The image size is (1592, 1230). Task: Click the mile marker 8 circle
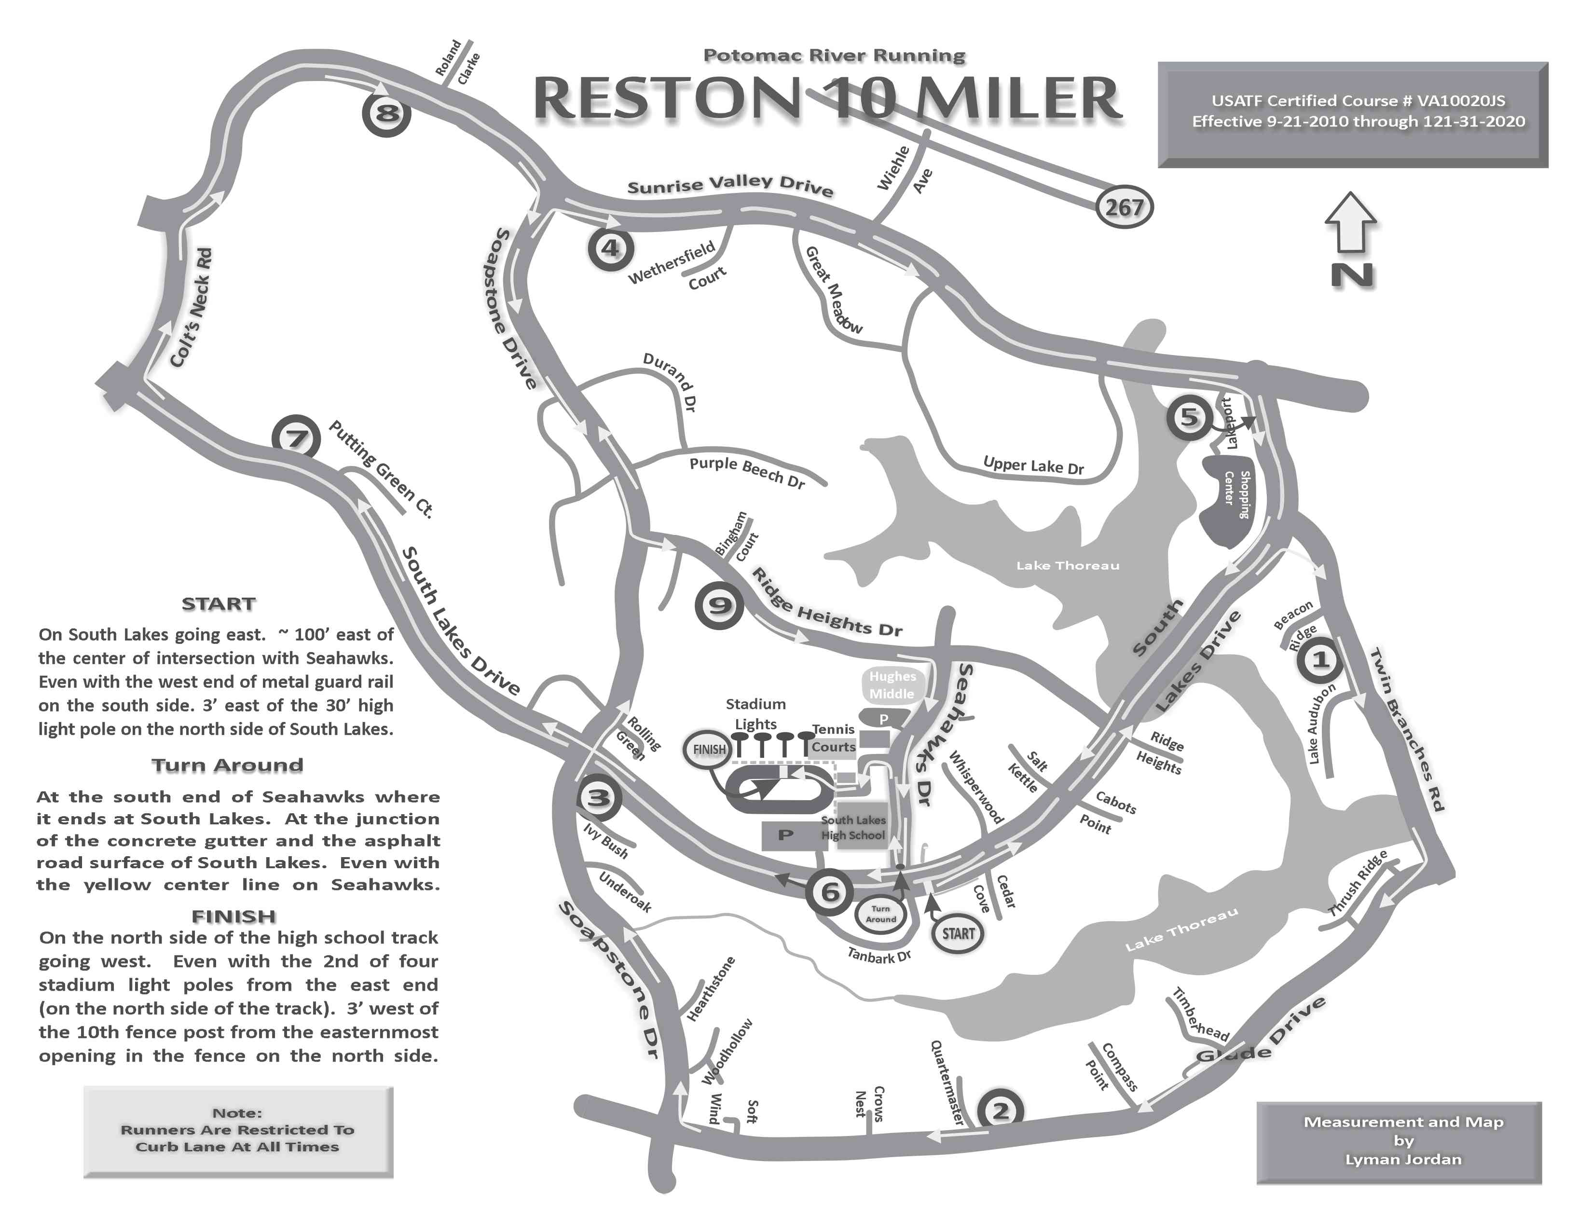pyautogui.click(x=386, y=113)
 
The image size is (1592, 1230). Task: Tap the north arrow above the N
pyautogui.click(x=1351, y=222)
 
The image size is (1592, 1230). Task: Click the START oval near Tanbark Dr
pyautogui.click(x=958, y=933)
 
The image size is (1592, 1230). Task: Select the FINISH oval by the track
pyautogui.click(x=709, y=749)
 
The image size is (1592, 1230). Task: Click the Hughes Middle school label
pyautogui.click(x=892, y=685)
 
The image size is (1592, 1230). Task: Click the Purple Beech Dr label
pyautogui.click(x=747, y=472)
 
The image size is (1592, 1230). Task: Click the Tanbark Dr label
pyautogui.click(x=879, y=955)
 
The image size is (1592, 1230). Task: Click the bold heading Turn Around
pyautogui.click(x=227, y=765)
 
